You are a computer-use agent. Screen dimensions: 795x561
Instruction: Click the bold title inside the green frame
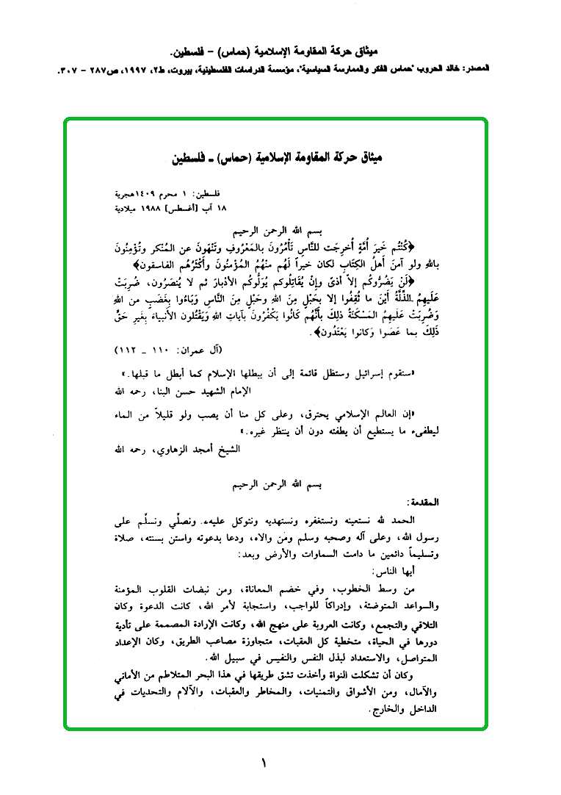276,157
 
